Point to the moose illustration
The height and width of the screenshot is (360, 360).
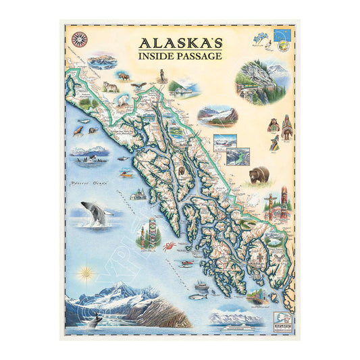(x=124, y=76)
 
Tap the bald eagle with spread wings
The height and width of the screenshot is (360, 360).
(x=139, y=85)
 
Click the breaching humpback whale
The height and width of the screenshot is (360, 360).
(x=97, y=213)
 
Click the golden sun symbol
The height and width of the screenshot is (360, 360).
(x=84, y=274)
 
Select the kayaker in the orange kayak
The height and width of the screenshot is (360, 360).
(x=126, y=174)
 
